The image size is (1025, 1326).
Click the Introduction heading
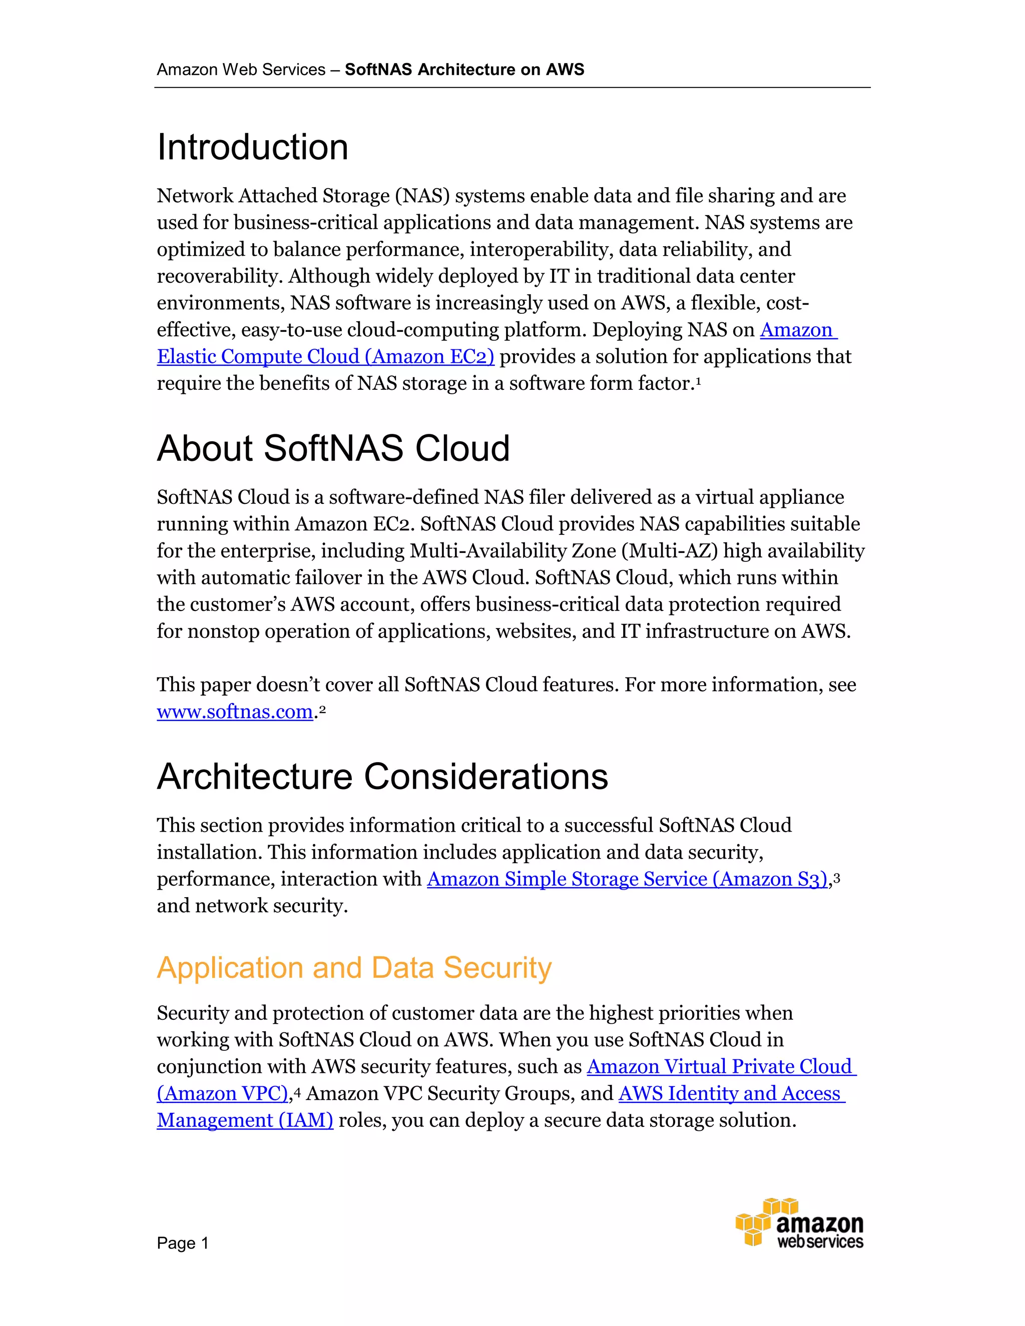click(x=253, y=148)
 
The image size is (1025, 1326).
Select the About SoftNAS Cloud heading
click(x=333, y=449)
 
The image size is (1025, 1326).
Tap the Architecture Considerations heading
click(x=382, y=777)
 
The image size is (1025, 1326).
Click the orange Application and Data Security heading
click(x=354, y=968)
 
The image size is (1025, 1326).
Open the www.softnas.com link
click(x=234, y=712)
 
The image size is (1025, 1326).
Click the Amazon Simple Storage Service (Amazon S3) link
click(x=627, y=879)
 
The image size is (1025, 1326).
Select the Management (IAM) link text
click(x=245, y=1120)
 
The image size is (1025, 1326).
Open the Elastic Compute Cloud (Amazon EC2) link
click(x=325, y=356)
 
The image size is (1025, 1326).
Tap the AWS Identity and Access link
click(x=731, y=1093)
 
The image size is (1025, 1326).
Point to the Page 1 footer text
click(x=182, y=1243)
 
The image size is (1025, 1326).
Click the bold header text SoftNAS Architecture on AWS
click(x=464, y=70)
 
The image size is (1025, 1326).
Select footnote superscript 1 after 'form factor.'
click(x=698, y=380)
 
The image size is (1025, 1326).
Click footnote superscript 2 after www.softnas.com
click(x=322, y=709)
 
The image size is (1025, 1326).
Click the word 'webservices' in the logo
click(x=820, y=1242)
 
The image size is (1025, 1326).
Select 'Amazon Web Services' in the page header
click(x=241, y=70)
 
